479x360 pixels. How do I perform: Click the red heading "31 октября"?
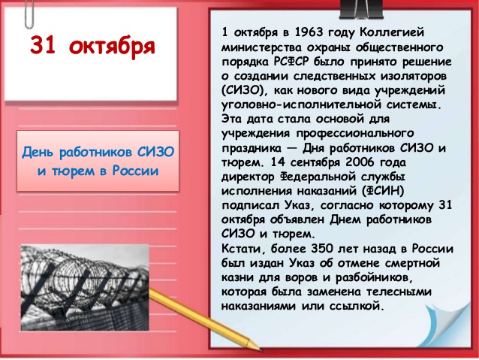point(92,47)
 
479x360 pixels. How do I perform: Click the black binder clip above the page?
point(361,9)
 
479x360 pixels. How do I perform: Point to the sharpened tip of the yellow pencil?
point(260,349)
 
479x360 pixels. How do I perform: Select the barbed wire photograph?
point(85,288)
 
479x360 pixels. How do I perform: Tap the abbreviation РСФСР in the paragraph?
point(291,61)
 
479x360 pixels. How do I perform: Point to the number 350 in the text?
point(321,248)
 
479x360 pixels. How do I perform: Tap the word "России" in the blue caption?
point(135,171)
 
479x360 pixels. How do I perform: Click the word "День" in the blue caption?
point(37,152)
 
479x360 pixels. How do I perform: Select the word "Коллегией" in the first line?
point(391,32)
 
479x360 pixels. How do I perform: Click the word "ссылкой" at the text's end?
point(357,306)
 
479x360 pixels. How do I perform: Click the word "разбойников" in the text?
point(372,278)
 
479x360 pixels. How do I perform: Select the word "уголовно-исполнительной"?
point(300,105)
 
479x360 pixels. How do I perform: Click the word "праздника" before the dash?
point(251,148)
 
